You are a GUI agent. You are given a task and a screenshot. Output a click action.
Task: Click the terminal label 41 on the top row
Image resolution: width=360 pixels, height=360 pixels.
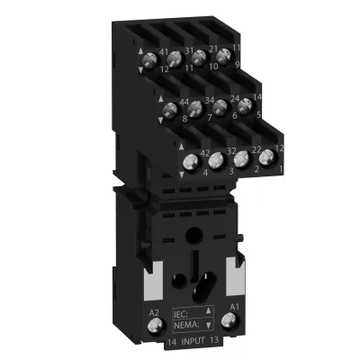pos(163,53)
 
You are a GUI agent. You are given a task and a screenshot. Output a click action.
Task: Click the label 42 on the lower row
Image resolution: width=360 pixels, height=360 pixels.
pos(204,153)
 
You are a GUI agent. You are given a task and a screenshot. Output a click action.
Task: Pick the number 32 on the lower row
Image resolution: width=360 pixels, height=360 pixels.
pos(230,151)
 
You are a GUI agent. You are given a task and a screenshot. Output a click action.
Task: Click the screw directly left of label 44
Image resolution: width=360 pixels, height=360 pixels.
pos(168,111)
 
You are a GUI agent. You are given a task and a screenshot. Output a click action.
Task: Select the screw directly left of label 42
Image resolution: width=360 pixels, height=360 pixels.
pos(190,162)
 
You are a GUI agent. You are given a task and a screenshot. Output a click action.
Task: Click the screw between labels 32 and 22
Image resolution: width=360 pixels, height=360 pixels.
pos(241,159)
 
